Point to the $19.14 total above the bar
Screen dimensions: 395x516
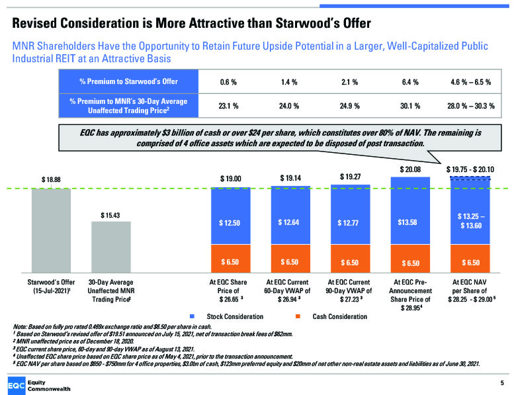(x=289, y=178)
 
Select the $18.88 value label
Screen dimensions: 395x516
(x=51, y=179)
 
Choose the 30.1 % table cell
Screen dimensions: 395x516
(x=410, y=105)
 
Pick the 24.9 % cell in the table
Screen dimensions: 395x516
(x=350, y=105)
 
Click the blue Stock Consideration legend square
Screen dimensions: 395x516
(x=191, y=317)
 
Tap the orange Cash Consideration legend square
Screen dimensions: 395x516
(x=297, y=317)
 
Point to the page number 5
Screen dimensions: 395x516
(x=501, y=382)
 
